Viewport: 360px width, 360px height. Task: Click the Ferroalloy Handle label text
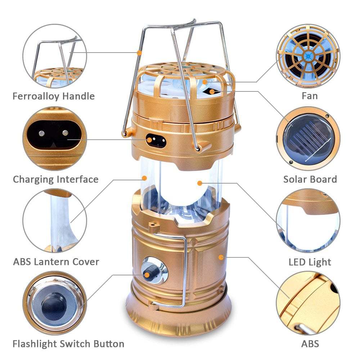coord(54,96)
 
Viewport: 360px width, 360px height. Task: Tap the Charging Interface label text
coord(56,179)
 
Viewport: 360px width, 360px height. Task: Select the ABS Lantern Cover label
coord(56,261)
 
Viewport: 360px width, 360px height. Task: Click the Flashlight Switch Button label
coord(68,343)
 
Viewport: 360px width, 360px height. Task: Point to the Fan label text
coord(310,96)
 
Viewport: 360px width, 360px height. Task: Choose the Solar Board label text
coord(310,179)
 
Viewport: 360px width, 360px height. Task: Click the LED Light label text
coord(310,262)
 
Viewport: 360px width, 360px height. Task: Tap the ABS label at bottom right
coord(310,343)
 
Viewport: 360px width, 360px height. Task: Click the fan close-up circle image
coord(308,56)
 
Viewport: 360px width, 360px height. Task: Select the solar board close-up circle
coord(308,139)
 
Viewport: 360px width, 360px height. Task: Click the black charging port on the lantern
coord(156,141)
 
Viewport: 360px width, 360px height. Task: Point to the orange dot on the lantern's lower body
coord(220,257)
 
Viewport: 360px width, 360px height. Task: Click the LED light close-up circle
coord(308,220)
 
